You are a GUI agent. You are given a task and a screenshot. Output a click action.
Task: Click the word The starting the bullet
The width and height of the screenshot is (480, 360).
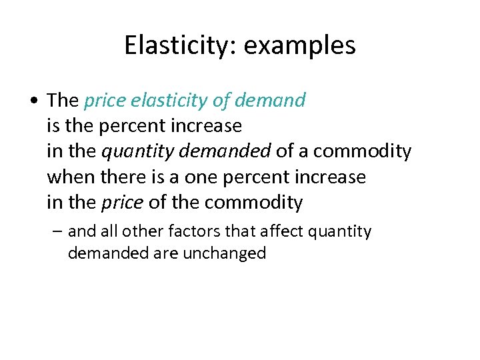pyautogui.click(x=63, y=101)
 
